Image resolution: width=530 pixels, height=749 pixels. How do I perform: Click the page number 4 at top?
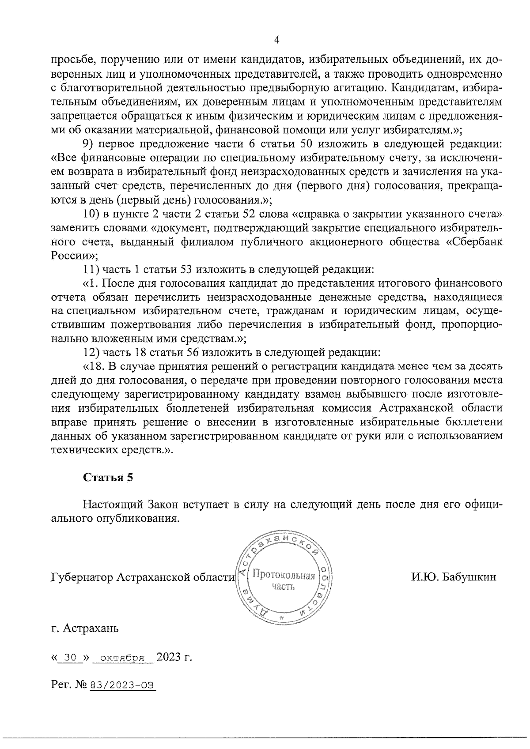[x=277, y=40]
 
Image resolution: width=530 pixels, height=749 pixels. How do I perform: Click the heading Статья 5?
[x=108, y=477]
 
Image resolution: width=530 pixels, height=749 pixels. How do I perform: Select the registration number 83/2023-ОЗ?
[x=123, y=685]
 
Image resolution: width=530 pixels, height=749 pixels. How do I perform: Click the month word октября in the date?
[x=120, y=657]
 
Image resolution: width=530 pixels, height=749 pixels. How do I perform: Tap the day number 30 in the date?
[x=70, y=657]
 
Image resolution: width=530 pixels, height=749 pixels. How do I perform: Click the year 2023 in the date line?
[x=169, y=657]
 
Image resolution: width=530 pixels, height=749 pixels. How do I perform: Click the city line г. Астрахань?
[x=85, y=628]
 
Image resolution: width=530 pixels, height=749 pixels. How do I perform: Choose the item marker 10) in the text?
[x=91, y=214]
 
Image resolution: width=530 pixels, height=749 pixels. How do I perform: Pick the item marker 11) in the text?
[x=91, y=269]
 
